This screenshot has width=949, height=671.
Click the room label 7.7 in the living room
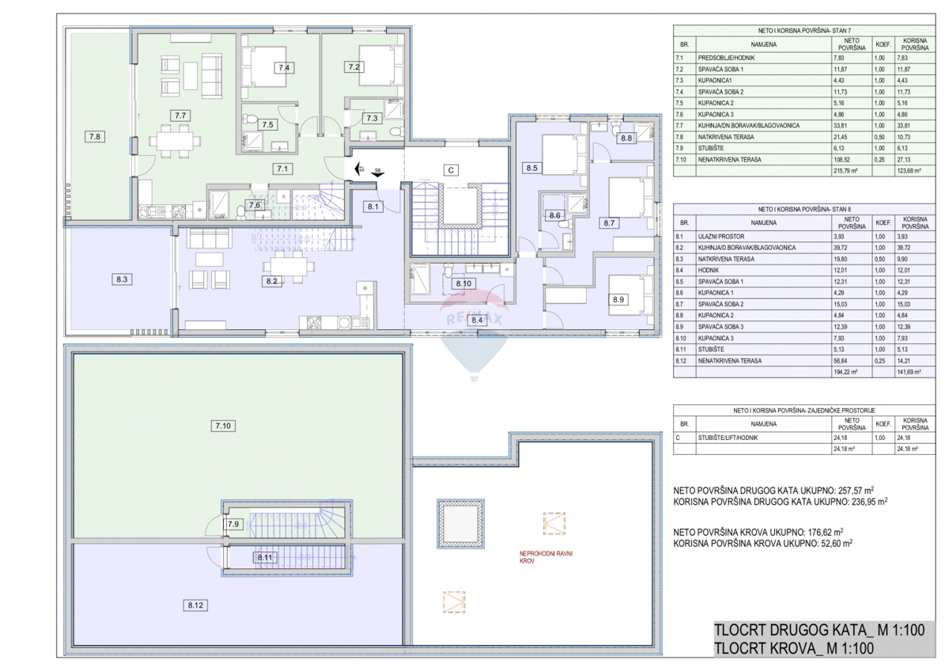point(180,116)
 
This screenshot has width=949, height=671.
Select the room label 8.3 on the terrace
point(121,279)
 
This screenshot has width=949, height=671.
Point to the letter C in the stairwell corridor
point(450,169)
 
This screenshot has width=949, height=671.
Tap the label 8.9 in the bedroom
point(618,300)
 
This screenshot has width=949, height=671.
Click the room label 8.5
point(531,168)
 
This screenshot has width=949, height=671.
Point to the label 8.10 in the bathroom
point(463,283)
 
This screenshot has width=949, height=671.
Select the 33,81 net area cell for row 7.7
point(841,125)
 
